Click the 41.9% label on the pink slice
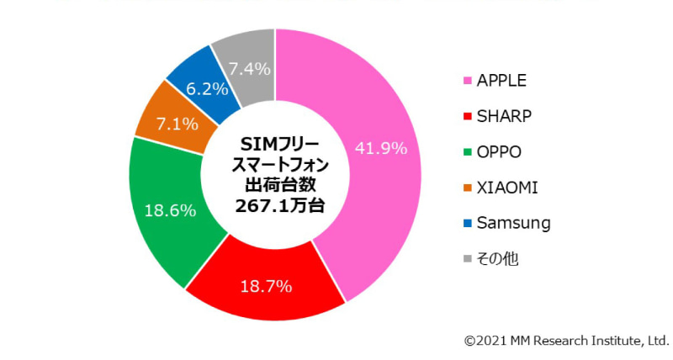coord(381,148)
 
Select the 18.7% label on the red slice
coord(266,287)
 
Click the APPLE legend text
coord(501,81)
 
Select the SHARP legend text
coord(504,116)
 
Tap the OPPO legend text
coord(499,152)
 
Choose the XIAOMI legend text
coord(506,188)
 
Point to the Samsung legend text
coord(513,223)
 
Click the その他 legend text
coord(497,259)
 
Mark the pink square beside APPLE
coord(467,82)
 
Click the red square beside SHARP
coord(467,117)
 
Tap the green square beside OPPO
coord(467,152)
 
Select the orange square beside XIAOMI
coord(467,188)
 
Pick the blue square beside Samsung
coord(467,224)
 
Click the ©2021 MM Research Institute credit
coord(566,341)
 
